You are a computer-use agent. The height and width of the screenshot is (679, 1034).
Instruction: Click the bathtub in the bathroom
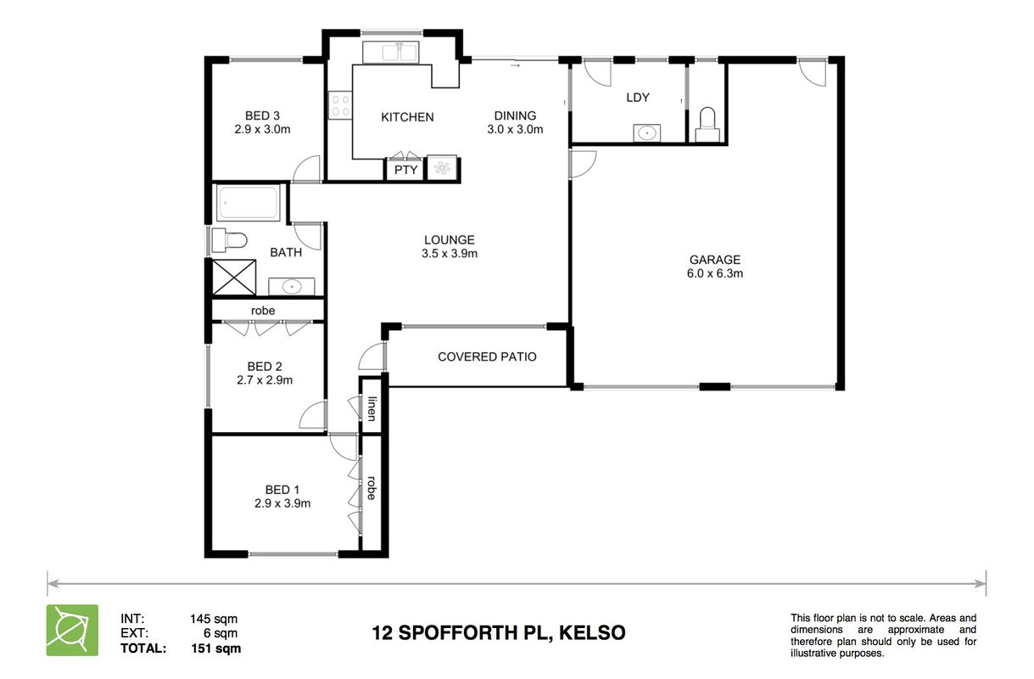point(249,203)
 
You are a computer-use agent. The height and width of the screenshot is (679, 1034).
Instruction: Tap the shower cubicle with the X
point(234,278)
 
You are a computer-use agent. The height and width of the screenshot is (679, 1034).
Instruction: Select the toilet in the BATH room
point(229,240)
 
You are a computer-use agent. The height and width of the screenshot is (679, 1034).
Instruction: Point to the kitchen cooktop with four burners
point(340,105)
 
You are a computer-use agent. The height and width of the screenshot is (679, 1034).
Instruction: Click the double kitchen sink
point(390,52)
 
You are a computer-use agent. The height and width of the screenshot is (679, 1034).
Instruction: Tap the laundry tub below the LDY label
point(646,133)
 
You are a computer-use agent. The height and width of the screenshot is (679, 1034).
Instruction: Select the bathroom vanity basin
point(292,286)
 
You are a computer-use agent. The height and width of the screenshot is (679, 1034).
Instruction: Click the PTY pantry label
point(405,170)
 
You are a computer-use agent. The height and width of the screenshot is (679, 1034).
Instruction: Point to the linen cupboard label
point(372,409)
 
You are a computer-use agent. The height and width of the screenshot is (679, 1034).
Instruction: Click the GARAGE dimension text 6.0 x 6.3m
point(715,273)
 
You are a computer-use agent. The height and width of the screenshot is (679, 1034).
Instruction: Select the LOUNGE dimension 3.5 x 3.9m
point(450,253)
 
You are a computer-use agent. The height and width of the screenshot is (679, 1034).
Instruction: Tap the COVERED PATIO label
point(487,356)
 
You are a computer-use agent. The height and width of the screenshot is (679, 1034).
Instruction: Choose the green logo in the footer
point(72,630)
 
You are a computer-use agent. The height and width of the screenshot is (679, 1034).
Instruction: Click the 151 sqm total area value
point(216,648)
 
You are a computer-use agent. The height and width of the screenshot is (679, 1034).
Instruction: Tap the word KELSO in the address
point(592,633)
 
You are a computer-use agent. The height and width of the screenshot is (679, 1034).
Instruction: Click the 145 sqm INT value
point(214,619)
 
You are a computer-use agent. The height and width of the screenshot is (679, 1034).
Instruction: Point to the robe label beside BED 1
point(372,488)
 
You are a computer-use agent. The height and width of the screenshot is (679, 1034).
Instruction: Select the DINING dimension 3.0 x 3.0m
point(515,129)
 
